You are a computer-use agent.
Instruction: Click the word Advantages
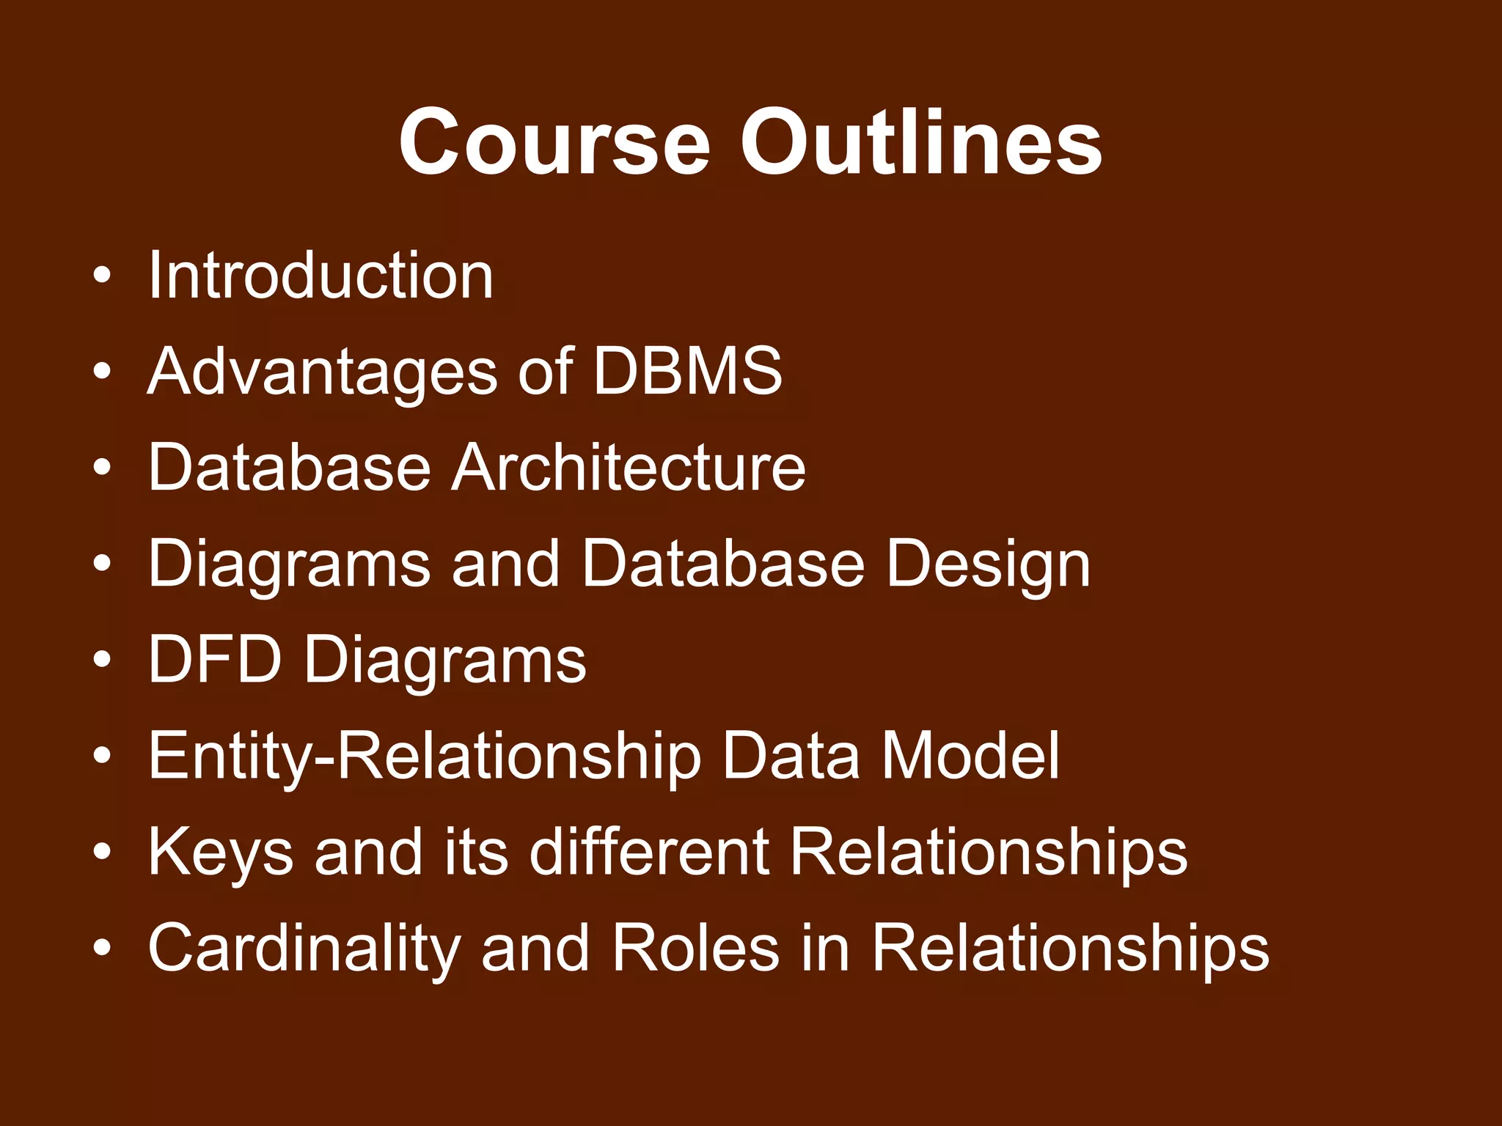tap(323, 372)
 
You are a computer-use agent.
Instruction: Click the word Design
tap(988, 564)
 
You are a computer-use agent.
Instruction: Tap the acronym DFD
tap(215, 659)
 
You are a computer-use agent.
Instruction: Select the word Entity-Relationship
tap(425, 756)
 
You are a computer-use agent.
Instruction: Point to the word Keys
tap(221, 853)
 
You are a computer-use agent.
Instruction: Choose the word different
tap(649, 851)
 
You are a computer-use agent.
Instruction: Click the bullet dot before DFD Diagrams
tap(103, 660)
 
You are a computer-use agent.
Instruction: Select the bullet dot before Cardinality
tap(103, 948)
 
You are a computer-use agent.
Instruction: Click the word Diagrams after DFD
tap(445, 660)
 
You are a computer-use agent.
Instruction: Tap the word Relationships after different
tap(989, 853)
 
